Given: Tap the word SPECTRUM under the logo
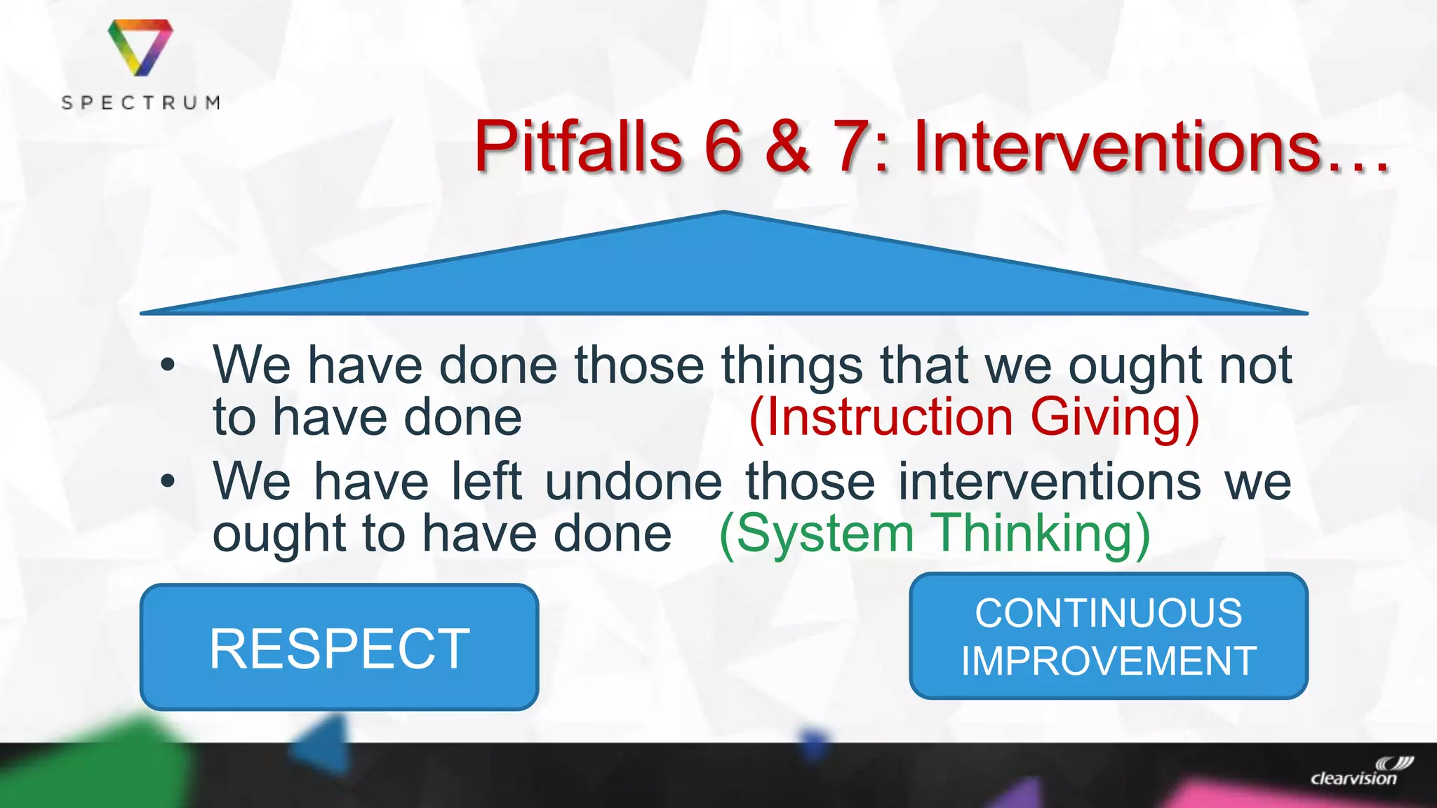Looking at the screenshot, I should point(141,103).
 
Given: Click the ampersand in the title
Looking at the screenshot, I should point(787,147).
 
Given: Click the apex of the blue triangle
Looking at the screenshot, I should point(723,213).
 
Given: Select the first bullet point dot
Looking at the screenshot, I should point(167,365).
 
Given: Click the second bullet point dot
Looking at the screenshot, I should point(167,481).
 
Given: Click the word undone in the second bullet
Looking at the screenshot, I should point(634,483).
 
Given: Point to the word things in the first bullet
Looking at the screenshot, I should point(793,366).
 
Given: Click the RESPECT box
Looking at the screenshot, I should point(340,647).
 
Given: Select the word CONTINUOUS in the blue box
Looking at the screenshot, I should point(1109,613).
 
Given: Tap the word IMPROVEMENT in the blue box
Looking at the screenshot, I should point(1109,661).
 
